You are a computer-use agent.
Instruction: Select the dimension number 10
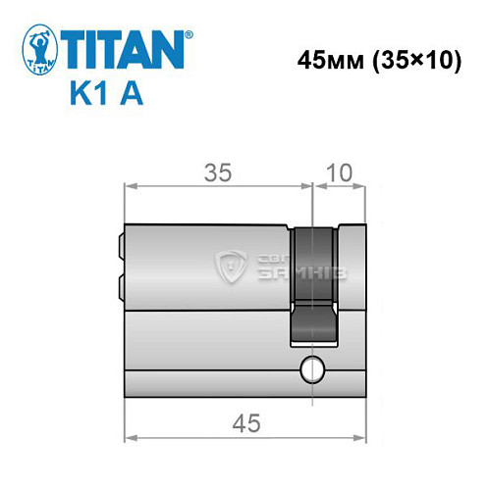(339, 173)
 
